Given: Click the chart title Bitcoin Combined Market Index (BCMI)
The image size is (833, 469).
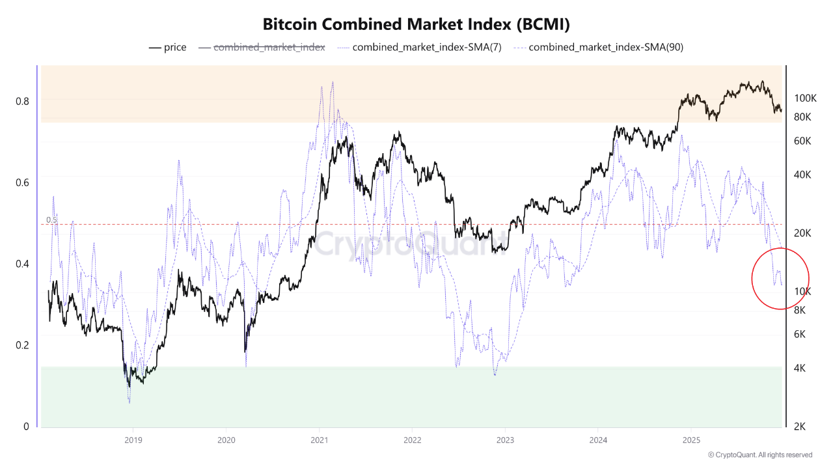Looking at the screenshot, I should pyautogui.click(x=416, y=25).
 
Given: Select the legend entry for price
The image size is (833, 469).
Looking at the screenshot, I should pyautogui.click(x=168, y=48).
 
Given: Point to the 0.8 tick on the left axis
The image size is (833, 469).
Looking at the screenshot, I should pyautogui.click(x=22, y=101).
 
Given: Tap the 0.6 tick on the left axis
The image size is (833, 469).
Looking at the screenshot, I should pyautogui.click(x=22, y=182).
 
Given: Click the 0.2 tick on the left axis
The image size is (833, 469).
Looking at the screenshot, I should pyautogui.click(x=22, y=345).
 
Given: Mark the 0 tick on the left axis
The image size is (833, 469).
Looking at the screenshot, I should pyautogui.click(x=26, y=427).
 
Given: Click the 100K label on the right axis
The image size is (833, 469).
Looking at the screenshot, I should pyautogui.click(x=805, y=98).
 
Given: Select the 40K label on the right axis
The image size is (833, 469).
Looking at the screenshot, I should pyautogui.click(x=802, y=175).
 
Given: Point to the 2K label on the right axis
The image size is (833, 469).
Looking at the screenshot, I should pyautogui.click(x=800, y=427).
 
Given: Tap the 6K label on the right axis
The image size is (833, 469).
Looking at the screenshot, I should pyautogui.click(x=800, y=334).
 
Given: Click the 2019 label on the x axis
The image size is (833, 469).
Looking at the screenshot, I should pyautogui.click(x=133, y=440).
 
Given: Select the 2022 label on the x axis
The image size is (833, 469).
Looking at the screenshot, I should pyautogui.click(x=412, y=440).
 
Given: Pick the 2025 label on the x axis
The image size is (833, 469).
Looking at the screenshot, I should pyautogui.click(x=691, y=440).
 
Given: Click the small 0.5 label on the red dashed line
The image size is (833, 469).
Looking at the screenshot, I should pyautogui.click(x=51, y=220).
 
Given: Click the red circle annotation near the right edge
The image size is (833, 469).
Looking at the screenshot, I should pyautogui.click(x=780, y=278).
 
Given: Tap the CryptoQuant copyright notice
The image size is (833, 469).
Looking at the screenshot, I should pyautogui.click(x=759, y=455).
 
